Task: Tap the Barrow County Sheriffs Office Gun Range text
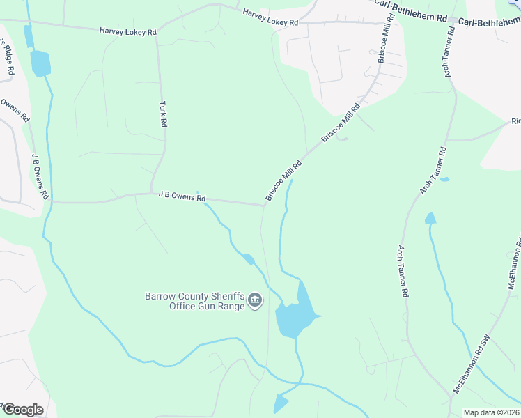[x=195, y=301]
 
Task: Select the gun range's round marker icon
[x=255, y=300]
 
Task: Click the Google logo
[x=22, y=410]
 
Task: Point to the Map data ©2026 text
[x=491, y=412]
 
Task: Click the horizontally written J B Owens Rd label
[x=182, y=197]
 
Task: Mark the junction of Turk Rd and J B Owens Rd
[x=152, y=193]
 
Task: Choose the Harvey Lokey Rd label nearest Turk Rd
[x=126, y=31]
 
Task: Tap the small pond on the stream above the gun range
[x=247, y=260]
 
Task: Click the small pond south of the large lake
[x=281, y=403]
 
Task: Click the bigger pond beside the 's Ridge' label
[x=40, y=63]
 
